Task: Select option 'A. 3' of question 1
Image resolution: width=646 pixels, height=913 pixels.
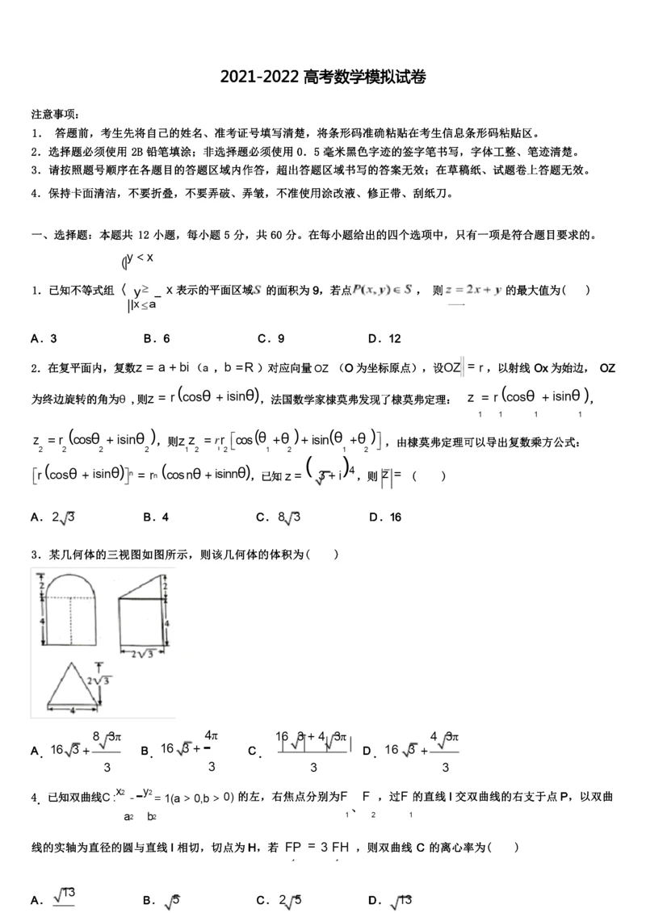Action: [x=44, y=339]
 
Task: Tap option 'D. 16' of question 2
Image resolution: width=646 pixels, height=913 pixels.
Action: [x=384, y=517]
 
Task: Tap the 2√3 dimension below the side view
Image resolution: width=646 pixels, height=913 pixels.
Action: [x=142, y=653]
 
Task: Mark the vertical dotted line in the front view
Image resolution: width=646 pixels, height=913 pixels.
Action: [x=75, y=621]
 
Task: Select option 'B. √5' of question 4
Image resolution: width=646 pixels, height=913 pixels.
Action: [x=161, y=900]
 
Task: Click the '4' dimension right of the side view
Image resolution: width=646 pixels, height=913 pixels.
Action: [x=166, y=623]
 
